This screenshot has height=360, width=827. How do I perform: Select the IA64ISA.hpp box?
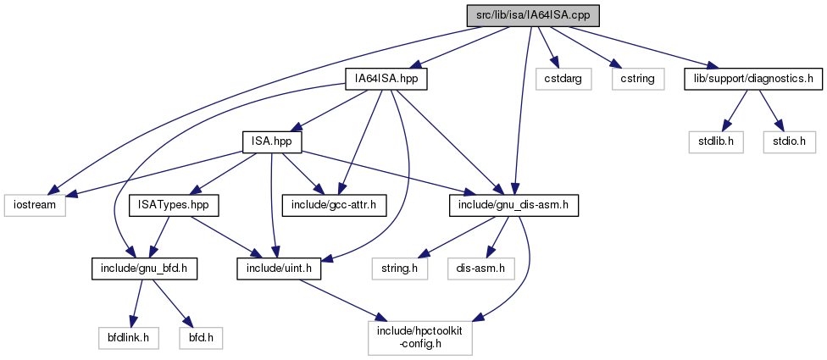point(386,79)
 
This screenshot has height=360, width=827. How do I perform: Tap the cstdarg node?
point(554,79)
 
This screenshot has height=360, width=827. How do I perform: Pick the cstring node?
point(636,79)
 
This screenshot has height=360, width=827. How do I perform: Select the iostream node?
point(34,204)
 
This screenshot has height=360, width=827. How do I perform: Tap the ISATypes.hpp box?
point(174,204)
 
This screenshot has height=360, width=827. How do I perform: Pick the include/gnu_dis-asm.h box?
point(513,204)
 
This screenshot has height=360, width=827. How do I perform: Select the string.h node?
point(400,269)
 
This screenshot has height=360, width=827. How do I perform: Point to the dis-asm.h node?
point(480,269)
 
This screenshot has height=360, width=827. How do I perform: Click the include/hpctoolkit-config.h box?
point(419,337)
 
